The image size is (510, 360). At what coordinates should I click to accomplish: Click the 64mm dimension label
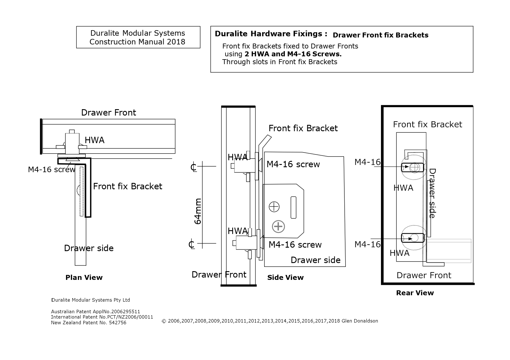point(198,211)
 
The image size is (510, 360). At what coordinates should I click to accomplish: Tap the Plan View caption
point(84,278)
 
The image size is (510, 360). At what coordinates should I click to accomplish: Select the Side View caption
point(285,278)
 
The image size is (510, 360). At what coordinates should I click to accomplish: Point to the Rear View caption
point(415,293)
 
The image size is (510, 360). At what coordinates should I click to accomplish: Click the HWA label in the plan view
point(94,140)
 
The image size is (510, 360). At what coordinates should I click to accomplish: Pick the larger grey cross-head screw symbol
point(278,227)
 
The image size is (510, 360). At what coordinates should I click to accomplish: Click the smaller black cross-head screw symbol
point(274,207)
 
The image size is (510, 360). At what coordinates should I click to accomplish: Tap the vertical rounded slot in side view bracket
point(294,207)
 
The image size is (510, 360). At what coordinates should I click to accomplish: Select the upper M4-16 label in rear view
point(367,162)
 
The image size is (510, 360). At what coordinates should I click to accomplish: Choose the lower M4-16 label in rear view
point(367,244)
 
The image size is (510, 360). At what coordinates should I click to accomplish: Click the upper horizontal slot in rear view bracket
point(413,167)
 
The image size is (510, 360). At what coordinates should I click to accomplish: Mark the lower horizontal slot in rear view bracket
point(413,238)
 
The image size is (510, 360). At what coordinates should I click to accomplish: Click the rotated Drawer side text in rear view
point(432,193)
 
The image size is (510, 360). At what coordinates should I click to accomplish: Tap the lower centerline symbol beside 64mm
point(191,244)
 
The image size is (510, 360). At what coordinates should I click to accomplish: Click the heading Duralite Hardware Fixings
point(271,34)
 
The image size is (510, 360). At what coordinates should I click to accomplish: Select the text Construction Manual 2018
point(137,42)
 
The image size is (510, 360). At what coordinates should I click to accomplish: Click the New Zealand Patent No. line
point(89,323)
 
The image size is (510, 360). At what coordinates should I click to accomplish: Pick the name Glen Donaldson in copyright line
point(360,321)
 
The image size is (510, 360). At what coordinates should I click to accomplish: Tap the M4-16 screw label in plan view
point(51,170)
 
